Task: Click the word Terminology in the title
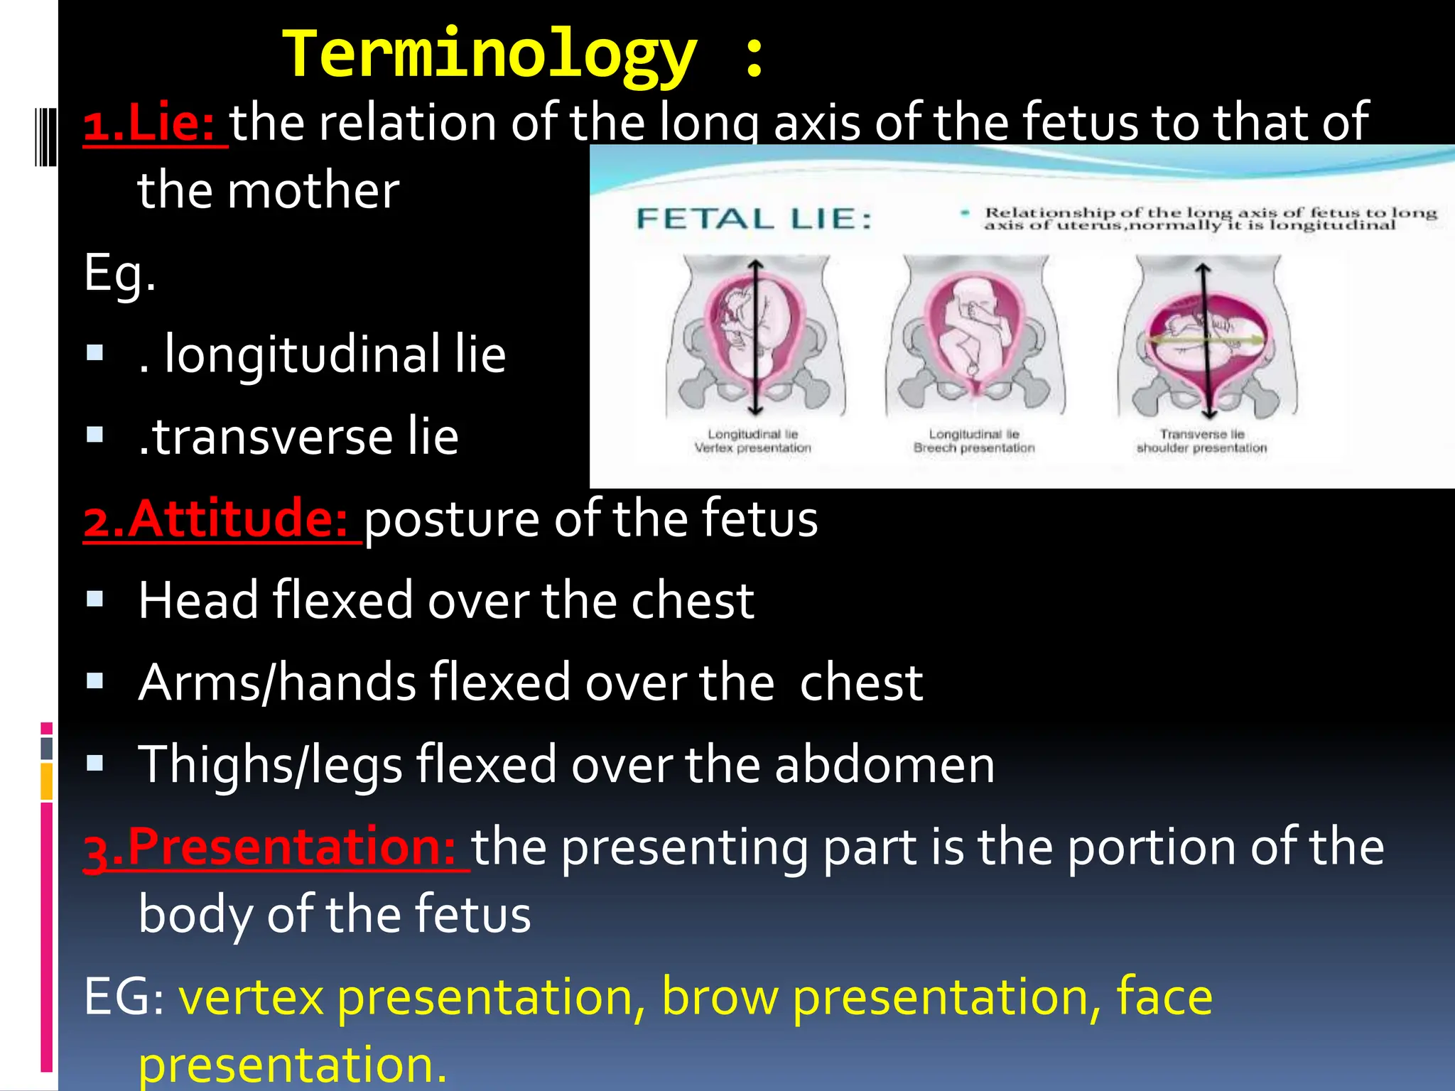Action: (x=490, y=55)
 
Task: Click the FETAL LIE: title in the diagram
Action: (x=754, y=219)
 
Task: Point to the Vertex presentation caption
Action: (x=752, y=448)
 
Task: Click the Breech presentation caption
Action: (x=974, y=448)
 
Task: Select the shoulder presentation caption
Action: (x=1201, y=448)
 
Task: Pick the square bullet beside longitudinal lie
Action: (x=94, y=353)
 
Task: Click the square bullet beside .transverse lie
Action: (x=94, y=435)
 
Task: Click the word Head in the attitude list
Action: (x=198, y=600)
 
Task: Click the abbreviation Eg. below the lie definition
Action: (x=119, y=273)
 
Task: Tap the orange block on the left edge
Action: (x=47, y=781)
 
